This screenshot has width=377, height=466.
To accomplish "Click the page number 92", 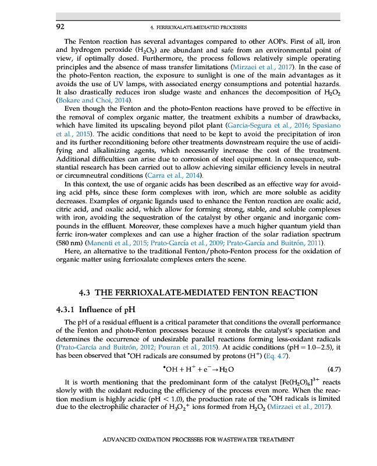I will (59, 27).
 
